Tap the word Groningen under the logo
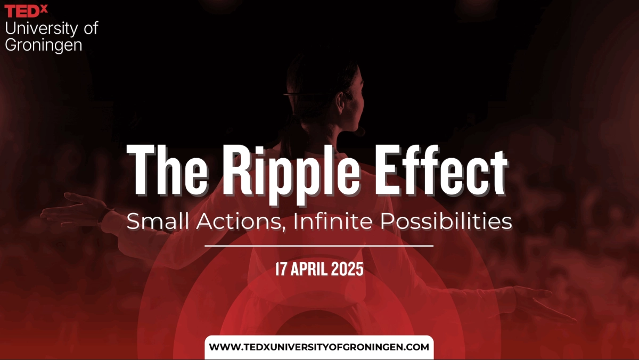point(44,45)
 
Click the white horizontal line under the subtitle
point(319,246)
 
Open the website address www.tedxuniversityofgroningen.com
point(319,347)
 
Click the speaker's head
point(319,91)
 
